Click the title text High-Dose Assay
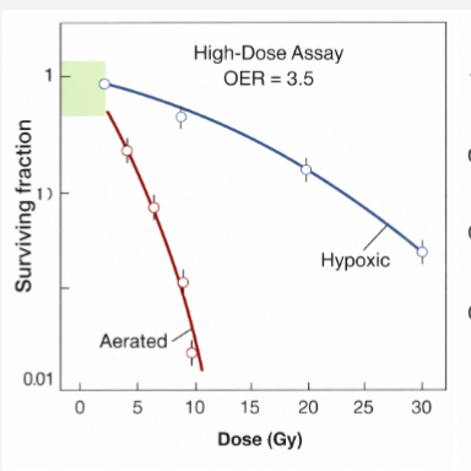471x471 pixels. click(x=268, y=53)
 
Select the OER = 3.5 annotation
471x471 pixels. click(x=268, y=79)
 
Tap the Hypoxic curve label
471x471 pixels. click(x=356, y=260)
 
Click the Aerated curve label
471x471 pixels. click(x=133, y=341)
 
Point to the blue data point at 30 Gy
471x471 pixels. click(x=422, y=252)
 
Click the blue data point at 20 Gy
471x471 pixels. click(x=306, y=170)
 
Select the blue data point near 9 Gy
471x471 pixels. click(x=181, y=117)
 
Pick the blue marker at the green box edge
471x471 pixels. click(x=104, y=84)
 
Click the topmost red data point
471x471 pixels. click(x=127, y=151)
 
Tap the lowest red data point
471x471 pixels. click(x=192, y=352)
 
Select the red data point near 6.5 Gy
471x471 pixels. click(x=154, y=207)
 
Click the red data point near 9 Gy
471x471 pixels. click(x=183, y=282)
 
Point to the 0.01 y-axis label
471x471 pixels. click(x=38, y=380)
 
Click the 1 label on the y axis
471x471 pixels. click(x=48, y=76)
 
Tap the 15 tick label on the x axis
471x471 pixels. click(x=250, y=408)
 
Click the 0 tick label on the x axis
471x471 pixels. click(x=80, y=408)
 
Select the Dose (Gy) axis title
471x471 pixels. click(x=260, y=439)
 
